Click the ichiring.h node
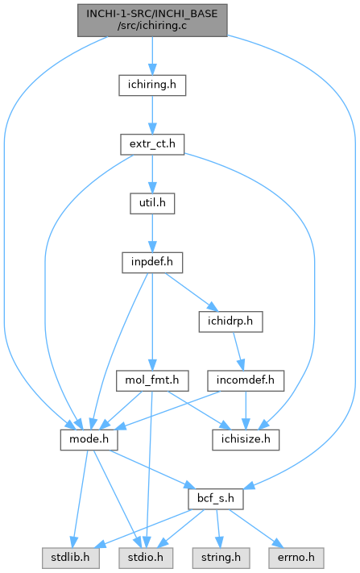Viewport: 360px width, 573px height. [x=152, y=85]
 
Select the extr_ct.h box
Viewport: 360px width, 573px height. [x=152, y=144]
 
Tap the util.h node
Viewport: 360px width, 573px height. [x=152, y=204]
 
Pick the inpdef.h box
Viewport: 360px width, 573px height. [x=152, y=263]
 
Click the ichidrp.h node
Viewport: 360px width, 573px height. [x=230, y=322]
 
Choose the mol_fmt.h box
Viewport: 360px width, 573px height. [x=152, y=380]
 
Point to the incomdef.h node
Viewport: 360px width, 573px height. [x=246, y=380]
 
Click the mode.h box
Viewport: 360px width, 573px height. [x=89, y=439]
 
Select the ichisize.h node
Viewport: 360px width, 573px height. [x=246, y=439]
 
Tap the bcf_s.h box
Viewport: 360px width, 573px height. [x=216, y=499]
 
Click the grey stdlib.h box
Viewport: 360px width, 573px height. [x=70, y=558]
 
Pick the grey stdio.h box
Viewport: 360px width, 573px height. [x=146, y=558]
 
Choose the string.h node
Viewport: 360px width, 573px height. [x=221, y=558]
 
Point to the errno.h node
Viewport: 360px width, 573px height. [x=296, y=558]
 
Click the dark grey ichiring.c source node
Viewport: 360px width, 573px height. [x=152, y=20]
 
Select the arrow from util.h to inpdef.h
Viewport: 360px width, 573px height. [x=152, y=233]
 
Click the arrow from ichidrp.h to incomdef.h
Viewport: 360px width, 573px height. [x=238, y=351]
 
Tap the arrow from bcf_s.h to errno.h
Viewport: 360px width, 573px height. [x=255, y=529]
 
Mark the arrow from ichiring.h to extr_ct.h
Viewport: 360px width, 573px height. [x=152, y=115]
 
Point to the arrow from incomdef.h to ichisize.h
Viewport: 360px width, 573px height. [x=246, y=410]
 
